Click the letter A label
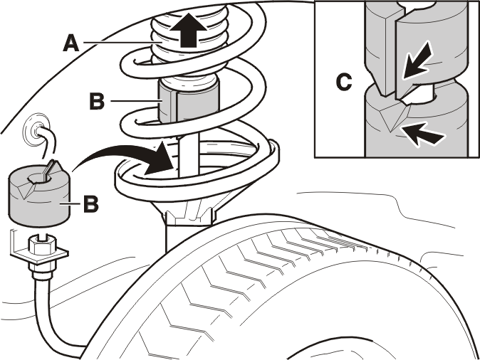click(71, 43)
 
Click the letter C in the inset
click(344, 82)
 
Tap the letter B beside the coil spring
click(97, 101)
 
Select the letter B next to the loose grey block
click(91, 203)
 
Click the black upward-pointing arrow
click(188, 30)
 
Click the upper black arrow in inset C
click(417, 61)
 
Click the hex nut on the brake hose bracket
click(41, 244)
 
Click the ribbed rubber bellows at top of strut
click(190, 33)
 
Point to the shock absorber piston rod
click(189, 157)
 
